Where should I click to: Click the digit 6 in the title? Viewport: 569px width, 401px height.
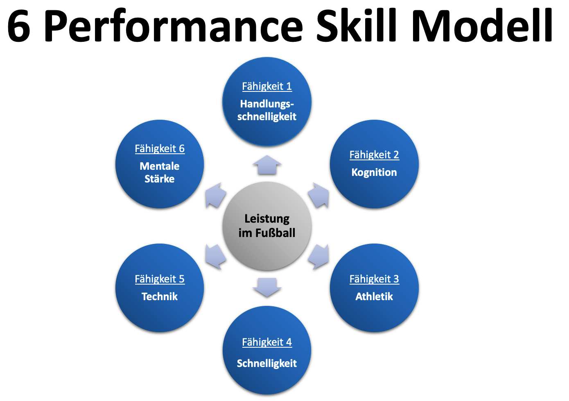19,26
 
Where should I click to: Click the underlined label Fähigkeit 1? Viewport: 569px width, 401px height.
267,86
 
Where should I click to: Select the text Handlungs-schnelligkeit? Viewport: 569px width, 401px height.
267,110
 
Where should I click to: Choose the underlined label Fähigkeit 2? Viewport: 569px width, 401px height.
374,155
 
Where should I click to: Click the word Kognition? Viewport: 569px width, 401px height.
374,172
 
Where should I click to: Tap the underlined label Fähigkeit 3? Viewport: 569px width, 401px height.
374,279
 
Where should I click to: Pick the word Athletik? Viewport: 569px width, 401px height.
374,296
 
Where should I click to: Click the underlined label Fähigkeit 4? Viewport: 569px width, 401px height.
267,342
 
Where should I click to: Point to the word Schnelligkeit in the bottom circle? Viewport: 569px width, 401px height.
267,363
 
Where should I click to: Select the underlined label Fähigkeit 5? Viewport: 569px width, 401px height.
160,279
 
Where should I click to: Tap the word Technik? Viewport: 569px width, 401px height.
160,296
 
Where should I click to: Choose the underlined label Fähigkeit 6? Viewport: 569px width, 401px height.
160,148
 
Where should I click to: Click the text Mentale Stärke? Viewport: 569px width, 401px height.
160,173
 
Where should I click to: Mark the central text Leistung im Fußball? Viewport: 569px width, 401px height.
267,226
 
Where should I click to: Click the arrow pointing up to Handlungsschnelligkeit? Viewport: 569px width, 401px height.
267,165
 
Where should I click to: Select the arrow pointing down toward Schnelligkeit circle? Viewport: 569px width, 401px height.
267,287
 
